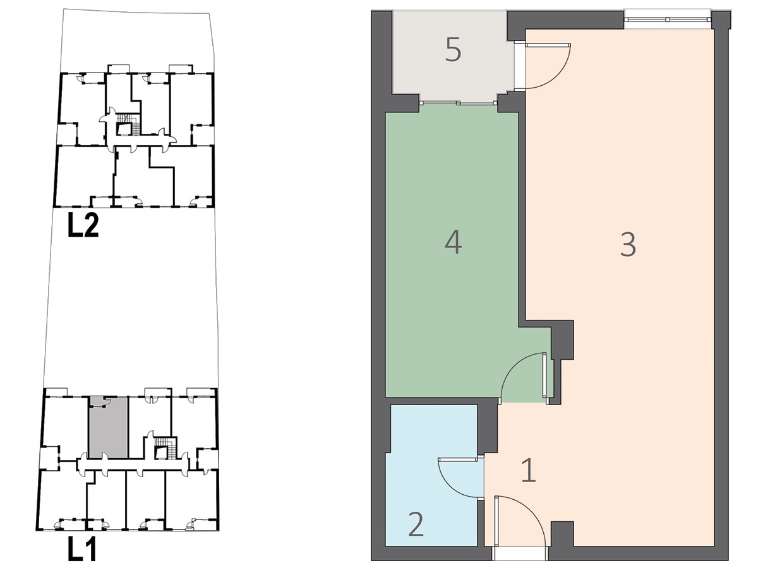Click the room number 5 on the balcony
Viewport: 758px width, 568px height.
(453, 50)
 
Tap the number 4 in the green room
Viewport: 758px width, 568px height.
(453, 242)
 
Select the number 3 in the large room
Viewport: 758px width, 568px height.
(628, 244)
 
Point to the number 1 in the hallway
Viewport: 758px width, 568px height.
(529, 470)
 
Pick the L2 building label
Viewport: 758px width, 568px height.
(83, 225)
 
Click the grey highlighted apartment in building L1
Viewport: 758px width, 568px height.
(109, 427)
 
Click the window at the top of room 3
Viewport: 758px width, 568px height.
(668, 19)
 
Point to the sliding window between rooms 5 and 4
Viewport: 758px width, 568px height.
(458, 103)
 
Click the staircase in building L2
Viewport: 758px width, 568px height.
(128, 124)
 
